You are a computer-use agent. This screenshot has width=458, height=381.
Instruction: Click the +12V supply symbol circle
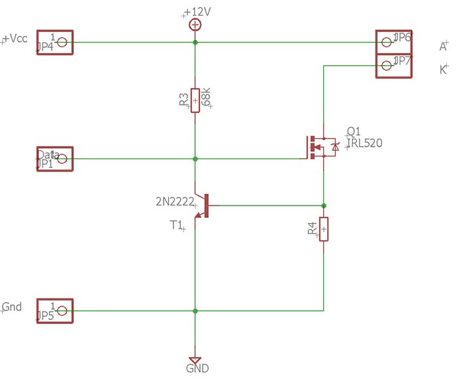pyautogui.click(x=194, y=25)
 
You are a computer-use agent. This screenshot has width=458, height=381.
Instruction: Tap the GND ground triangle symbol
pyautogui.click(x=194, y=360)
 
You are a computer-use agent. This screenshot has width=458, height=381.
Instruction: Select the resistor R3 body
pyautogui.click(x=195, y=100)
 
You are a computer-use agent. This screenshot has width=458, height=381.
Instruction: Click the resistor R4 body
pyautogui.click(x=323, y=229)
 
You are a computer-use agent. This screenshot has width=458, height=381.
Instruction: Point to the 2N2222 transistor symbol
pyautogui.click(x=202, y=206)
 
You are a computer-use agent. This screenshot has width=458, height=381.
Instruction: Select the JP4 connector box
pyautogui.click(x=55, y=43)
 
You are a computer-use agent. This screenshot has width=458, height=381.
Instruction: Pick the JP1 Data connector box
pyautogui.click(x=55, y=158)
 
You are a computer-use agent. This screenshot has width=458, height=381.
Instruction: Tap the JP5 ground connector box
pyautogui.click(x=55, y=311)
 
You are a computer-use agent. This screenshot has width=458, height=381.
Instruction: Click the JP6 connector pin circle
pyautogui.click(x=386, y=42)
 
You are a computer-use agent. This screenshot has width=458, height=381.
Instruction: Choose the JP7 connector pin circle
pyautogui.click(x=386, y=65)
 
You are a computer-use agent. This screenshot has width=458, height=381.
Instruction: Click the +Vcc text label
pyautogui.click(x=16, y=39)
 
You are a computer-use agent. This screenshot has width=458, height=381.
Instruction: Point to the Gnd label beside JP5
pyautogui.click(x=12, y=306)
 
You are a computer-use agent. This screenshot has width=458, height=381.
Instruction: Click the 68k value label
pyautogui.click(x=207, y=97)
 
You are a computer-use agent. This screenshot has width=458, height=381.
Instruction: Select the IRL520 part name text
pyautogui.click(x=364, y=143)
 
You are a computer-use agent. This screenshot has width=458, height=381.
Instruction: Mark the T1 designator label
pyautogui.click(x=176, y=225)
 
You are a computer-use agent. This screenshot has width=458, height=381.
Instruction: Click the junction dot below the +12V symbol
pyautogui.click(x=195, y=43)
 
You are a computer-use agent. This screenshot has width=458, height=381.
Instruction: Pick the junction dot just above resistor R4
pyautogui.click(x=323, y=206)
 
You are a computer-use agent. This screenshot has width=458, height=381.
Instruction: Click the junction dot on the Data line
pyautogui.click(x=195, y=158)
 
